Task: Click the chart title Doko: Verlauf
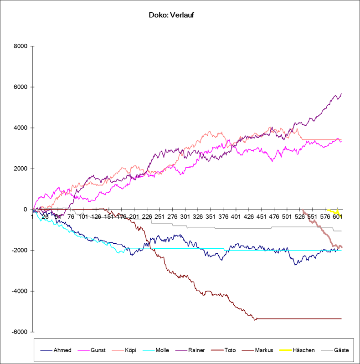tap(171, 15)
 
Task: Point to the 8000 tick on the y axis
tap(21, 46)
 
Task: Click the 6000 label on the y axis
tap(21, 87)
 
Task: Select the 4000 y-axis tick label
tap(21, 128)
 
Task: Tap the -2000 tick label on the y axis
tap(20, 251)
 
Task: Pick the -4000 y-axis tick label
tap(20, 291)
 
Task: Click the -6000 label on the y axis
tap(20, 332)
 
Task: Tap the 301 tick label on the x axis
tap(185, 217)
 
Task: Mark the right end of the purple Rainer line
tap(341, 94)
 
